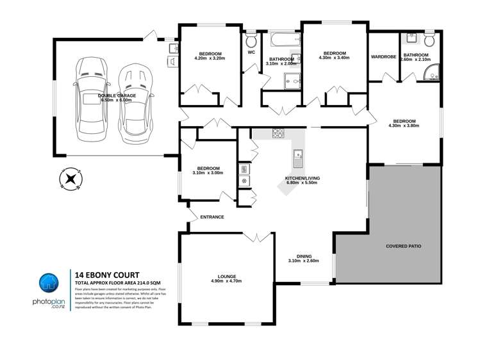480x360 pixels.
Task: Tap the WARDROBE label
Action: (383, 56)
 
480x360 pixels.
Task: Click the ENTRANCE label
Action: (212, 217)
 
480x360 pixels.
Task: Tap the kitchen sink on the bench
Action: (298, 156)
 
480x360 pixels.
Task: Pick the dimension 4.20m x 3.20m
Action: (210, 58)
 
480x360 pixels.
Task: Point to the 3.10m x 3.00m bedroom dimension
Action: (208, 173)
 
